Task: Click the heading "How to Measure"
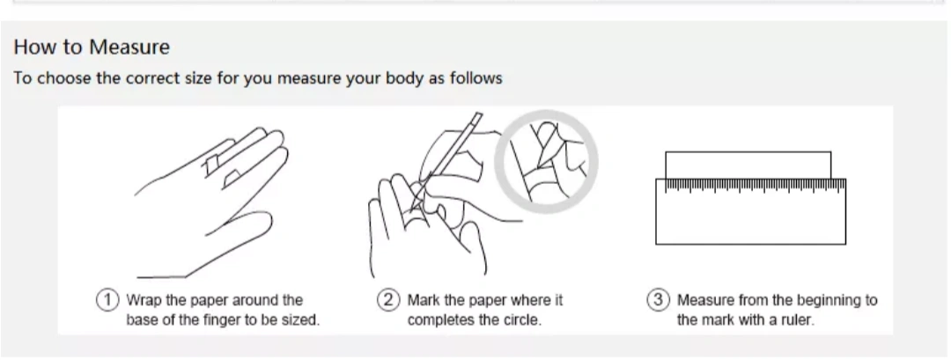(x=92, y=47)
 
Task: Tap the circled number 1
(x=107, y=300)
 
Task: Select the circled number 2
(x=388, y=300)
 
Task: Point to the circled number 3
(x=658, y=300)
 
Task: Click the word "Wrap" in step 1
(x=142, y=301)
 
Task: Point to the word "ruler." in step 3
(x=796, y=320)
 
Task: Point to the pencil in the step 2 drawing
(x=449, y=158)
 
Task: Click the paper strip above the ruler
(x=748, y=165)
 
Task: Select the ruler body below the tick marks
(x=751, y=218)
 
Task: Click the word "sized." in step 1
(x=301, y=320)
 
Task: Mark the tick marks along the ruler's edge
(x=756, y=186)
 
